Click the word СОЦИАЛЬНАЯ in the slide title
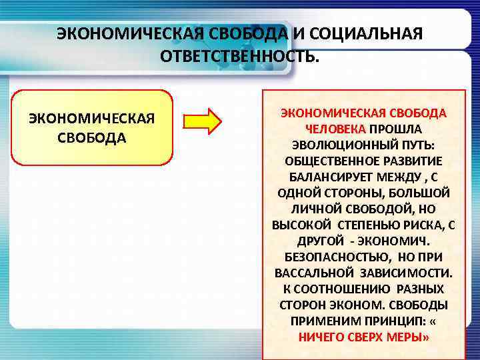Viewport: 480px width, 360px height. tap(367, 34)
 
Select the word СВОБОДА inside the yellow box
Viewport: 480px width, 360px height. tap(92, 138)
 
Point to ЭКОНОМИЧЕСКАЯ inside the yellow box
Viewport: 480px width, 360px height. tap(92, 119)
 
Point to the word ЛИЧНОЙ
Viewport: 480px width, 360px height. tap(309, 209)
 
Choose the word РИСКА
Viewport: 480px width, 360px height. tap(425, 225)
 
